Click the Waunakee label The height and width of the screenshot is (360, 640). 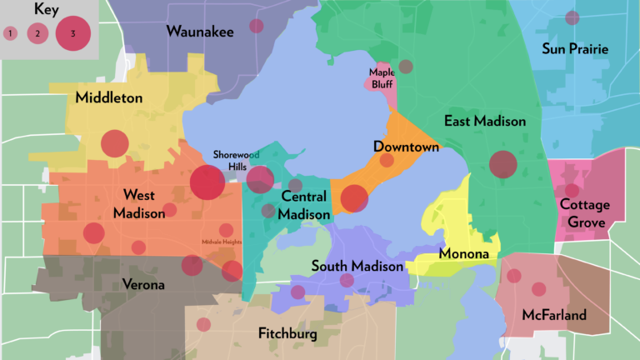200,32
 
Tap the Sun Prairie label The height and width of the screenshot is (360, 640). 575,49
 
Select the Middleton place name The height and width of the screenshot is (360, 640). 108,97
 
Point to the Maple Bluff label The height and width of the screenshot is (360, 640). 381,77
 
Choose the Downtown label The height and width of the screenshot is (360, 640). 406,147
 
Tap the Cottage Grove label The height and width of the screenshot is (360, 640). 584,213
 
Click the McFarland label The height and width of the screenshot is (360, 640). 554,315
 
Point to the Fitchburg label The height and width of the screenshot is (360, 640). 287,334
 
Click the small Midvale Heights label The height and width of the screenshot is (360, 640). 221,242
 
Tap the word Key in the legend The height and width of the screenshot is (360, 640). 48,9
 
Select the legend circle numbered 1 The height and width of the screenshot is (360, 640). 11,33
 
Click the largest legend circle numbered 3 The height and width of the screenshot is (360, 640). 73,33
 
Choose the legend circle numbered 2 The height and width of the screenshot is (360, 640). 37,33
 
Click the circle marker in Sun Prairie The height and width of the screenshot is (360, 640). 572,17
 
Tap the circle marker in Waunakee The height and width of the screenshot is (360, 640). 257,26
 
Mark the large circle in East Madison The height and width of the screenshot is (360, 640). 502,164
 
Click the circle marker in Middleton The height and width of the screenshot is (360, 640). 115,143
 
